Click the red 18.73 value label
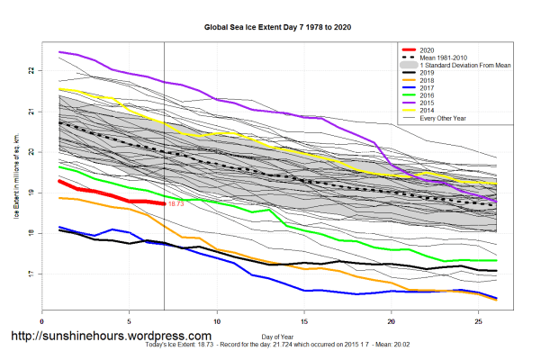[x=176, y=204]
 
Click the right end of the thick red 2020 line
[x=164, y=203]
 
